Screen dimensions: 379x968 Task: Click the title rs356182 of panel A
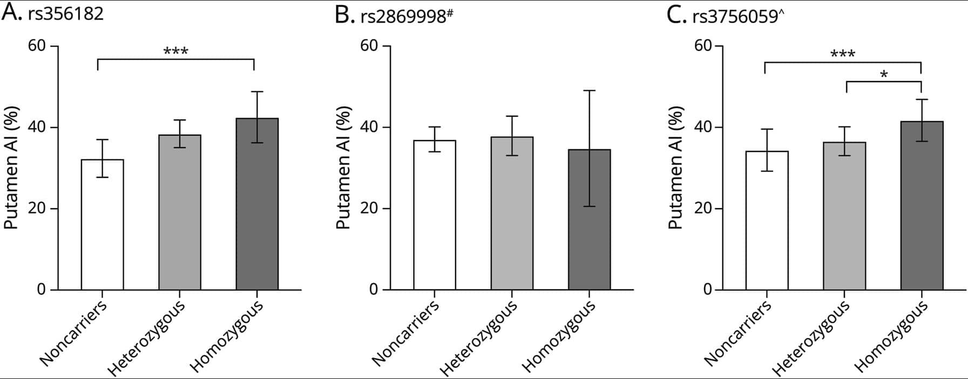click(65, 14)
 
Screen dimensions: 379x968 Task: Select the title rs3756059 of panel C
click(735, 16)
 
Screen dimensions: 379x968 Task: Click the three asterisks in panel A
click(175, 52)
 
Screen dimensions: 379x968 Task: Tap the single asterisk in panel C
click(883, 75)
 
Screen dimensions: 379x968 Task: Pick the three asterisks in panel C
click(842, 54)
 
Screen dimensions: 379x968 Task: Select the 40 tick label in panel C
click(703, 128)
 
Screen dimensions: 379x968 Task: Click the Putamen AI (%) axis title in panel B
click(344, 168)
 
